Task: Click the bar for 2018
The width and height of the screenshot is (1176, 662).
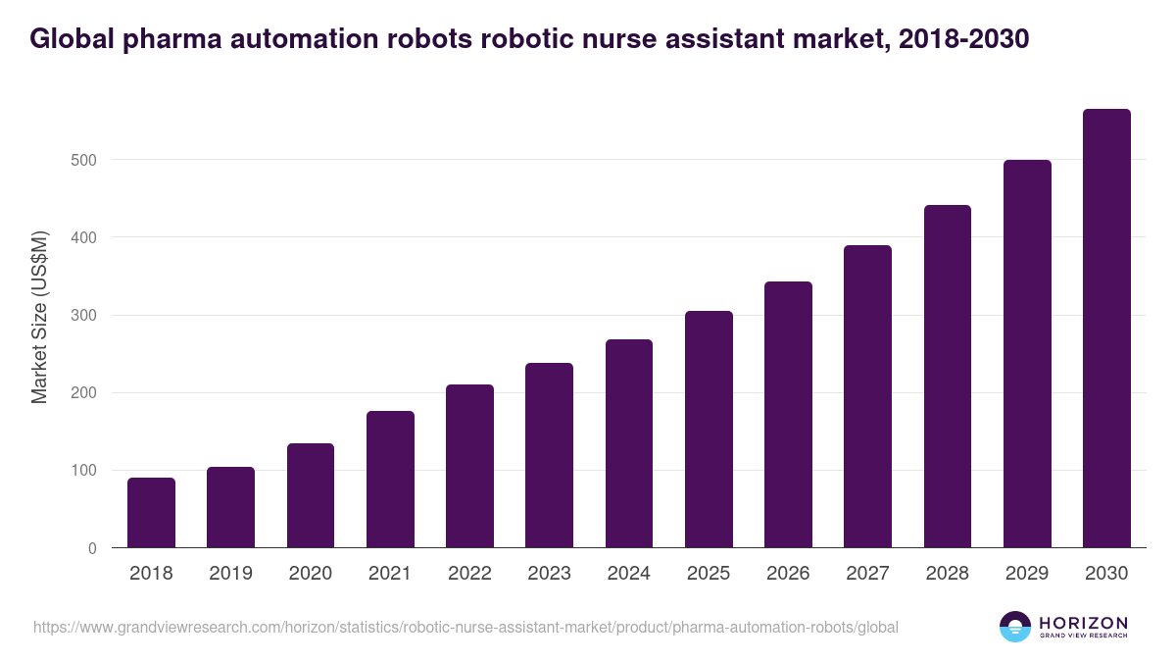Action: [x=151, y=513]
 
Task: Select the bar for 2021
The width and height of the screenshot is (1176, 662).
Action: [x=390, y=480]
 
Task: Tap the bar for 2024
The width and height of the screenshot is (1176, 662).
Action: [x=629, y=443]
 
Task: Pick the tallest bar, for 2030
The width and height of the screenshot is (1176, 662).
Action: [x=1106, y=329]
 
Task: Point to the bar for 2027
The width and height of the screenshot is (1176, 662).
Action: [x=867, y=396]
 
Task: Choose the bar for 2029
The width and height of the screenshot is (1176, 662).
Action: [x=1027, y=354]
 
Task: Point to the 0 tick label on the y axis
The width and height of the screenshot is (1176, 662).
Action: [x=92, y=548]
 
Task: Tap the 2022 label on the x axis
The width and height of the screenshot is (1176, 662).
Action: [x=469, y=574]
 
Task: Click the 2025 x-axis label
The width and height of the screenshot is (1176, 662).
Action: [x=709, y=574]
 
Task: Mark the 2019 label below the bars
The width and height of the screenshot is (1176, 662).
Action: [x=231, y=574]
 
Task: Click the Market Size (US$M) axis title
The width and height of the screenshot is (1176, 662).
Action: [x=39, y=316]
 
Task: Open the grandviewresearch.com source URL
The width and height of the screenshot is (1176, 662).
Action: [x=465, y=627]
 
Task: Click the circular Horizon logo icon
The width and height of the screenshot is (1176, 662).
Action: [x=1015, y=627]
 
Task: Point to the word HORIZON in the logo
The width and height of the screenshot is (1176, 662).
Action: [x=1083, y=623]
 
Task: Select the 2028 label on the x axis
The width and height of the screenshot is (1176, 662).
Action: [x=948, y=574]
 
